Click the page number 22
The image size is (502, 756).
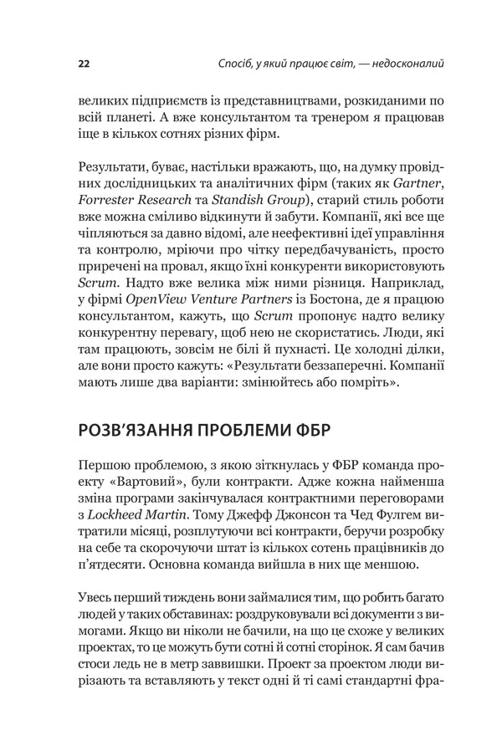(x=84, y=63)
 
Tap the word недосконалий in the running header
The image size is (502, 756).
(x=402, y=63)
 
